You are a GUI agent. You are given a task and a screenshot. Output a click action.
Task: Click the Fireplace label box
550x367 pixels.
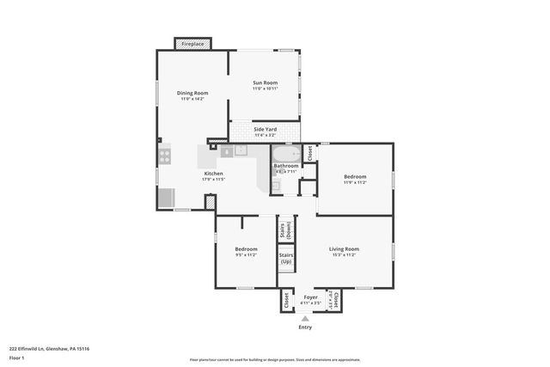tap(192, 43)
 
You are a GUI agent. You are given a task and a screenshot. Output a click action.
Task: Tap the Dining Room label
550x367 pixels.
tap(192, 93)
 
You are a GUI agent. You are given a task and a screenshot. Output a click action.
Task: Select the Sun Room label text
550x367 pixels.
tap(264, 83)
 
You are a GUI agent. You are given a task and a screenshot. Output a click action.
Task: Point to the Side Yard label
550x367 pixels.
tap(265, 129)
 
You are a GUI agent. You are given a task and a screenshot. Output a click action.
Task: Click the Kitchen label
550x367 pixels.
tap(213, 173)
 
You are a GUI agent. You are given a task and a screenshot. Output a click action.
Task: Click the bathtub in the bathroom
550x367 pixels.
tap(286, 154)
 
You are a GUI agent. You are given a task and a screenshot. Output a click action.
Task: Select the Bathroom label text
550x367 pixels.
tap(286, 165)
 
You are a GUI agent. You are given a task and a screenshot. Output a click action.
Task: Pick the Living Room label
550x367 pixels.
tap(344, 249)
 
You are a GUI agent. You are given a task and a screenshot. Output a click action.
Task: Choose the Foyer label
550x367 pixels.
tap(310, 297)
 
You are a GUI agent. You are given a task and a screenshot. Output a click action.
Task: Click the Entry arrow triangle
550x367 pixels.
tap(305, 318)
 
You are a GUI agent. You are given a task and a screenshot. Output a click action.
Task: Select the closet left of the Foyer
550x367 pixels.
tap(286, 300)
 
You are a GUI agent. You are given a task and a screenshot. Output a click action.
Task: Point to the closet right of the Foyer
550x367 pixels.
tap(334, 300)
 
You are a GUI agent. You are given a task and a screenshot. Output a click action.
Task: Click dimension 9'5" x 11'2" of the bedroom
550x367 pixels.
tap(246, 254)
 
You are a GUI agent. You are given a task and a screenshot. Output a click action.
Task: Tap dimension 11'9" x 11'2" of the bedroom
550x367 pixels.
tap(356, 182)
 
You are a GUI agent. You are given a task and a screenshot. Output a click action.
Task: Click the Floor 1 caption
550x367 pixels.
tap(17, 357)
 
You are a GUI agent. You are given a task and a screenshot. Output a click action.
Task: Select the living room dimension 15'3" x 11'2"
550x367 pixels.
tap(344, 255)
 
